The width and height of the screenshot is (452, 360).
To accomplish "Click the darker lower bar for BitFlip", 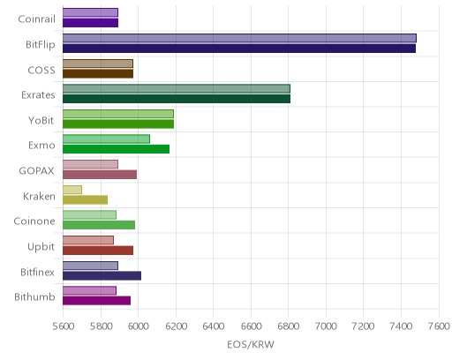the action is (x=239, y=49).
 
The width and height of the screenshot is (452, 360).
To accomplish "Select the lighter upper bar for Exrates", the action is (x=177, y=88).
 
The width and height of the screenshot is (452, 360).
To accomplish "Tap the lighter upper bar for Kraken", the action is (x=72, y=190).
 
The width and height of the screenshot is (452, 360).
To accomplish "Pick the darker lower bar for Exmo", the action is (x=116, y=149).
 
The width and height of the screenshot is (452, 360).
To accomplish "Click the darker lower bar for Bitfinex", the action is (x=102, y=276).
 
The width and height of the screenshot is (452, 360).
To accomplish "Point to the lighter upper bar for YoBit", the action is (x=118, y=114).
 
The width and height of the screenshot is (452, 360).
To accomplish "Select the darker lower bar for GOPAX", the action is (x=100, y=175).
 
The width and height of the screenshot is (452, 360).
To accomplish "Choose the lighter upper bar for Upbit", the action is (x=88, y=240).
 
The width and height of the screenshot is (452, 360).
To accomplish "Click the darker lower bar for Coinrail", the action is (x=90, y=23).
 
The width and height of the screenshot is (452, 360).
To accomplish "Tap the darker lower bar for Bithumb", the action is (x=96, y=301).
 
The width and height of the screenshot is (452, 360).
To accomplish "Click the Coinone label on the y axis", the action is (x=34, y=221).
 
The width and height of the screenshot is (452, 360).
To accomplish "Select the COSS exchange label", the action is (x=41, y=70).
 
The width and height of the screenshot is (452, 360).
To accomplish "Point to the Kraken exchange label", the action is (x=39, y=196).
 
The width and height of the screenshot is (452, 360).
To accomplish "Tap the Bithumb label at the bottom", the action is (x=34, y=297).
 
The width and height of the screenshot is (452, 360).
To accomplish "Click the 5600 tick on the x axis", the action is (x=64, y=326).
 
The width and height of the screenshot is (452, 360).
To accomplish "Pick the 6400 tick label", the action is (x=214, y=326).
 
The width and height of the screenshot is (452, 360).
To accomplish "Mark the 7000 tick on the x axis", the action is (x=326, y=326).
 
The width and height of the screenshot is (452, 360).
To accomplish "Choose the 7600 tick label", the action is (x=439, y=326).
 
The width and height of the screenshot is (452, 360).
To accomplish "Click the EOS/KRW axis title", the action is (x=251, y=344).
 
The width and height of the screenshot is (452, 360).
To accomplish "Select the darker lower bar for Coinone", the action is (x=99, y=225).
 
